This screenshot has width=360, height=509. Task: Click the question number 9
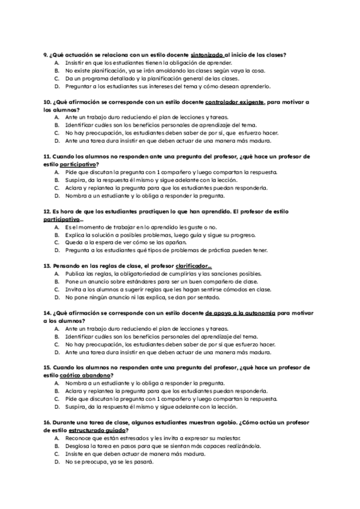[x=46, y=55]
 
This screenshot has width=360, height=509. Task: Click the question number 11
[x=47, y=157]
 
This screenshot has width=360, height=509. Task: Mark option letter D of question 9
[x=56, y=86]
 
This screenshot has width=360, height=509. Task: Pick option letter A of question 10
[x=56, y=118]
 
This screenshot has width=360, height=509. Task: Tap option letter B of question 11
[x=56, y=180]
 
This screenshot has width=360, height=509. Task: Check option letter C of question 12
[x=56, y=242]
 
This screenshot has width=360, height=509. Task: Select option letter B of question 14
[x=56, y=337]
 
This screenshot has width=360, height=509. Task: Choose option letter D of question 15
[x=56, y=407]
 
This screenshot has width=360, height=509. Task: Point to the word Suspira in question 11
[x=76, y=180]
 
